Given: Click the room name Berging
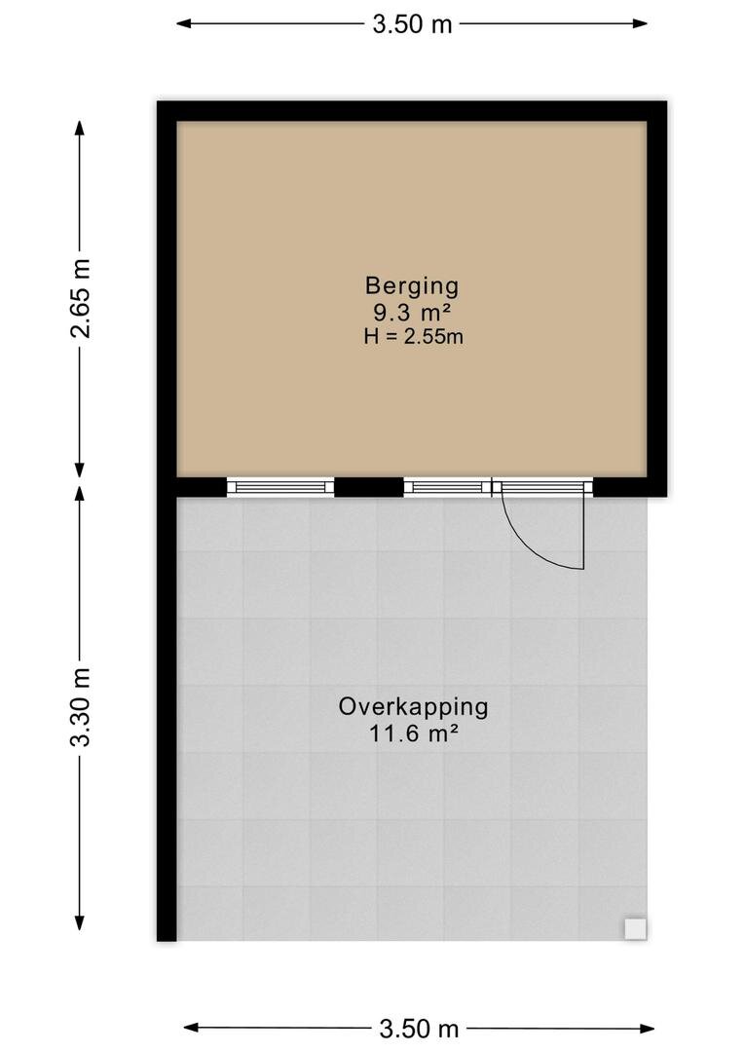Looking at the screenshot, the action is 412,286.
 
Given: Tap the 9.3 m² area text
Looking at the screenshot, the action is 411,312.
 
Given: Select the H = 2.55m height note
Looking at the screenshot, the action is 413,336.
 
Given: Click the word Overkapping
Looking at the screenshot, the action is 413,708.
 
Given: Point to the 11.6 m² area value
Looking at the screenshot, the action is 413,734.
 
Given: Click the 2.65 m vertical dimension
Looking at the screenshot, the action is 81,298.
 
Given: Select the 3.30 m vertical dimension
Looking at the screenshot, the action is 81,707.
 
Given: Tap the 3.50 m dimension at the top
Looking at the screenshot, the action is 413,24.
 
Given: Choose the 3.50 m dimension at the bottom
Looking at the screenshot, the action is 420,1028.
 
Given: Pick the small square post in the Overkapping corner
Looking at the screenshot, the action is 635,929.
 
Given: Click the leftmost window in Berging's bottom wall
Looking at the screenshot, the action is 280,486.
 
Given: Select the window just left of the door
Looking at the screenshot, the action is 448,486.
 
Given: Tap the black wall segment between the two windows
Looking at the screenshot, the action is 369,486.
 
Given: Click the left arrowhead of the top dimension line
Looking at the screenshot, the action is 184,24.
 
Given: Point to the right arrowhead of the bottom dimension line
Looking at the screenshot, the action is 646,1028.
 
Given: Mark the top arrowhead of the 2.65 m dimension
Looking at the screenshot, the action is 80,129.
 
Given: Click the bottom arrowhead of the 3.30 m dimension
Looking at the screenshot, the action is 80,921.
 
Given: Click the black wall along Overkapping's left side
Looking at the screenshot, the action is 167,719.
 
